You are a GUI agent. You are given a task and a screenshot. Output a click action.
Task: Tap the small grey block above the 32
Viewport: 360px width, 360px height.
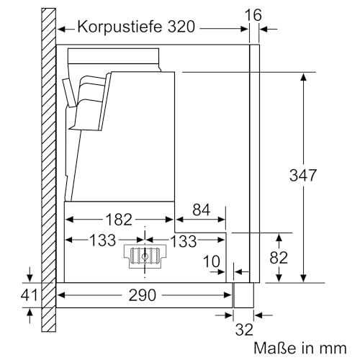click(x=245, y=296)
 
